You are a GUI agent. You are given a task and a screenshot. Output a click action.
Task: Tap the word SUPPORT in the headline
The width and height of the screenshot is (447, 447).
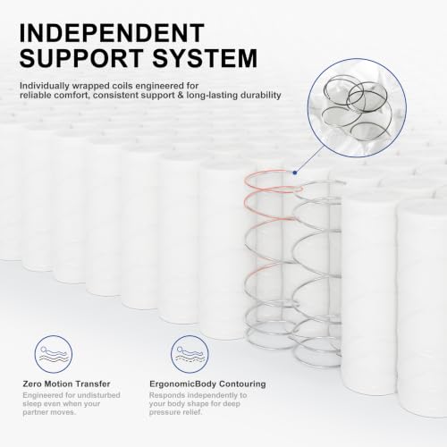(x=81, y=58)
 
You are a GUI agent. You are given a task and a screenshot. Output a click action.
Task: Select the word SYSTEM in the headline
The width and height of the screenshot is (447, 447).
(x=205, y=58)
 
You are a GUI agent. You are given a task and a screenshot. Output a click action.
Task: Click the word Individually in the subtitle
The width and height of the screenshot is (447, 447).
(x=44, y=86)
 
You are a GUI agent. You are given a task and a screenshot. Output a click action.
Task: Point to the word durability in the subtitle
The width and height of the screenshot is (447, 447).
(x=261, y=96)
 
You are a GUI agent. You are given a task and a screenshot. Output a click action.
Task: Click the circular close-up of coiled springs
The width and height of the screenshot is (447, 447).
(x=357, y=108)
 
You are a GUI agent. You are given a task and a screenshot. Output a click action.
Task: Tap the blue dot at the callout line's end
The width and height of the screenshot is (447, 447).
(x=295, y=173)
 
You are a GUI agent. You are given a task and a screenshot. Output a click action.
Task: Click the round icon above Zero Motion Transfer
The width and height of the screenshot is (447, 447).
(x=54, y=354)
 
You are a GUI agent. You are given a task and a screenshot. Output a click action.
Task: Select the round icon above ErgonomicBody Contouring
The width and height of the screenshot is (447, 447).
(x=190, y=354)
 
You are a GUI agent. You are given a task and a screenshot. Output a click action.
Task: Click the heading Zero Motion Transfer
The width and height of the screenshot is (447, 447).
(x=66, y=384)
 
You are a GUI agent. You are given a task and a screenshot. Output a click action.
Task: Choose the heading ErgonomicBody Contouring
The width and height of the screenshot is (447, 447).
(x=207, y=384)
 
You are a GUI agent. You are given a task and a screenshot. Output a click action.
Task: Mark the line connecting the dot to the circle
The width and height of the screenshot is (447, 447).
(x=310, y=159)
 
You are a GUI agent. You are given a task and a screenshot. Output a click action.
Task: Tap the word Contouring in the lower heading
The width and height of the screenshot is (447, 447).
(x=242, y=384)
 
